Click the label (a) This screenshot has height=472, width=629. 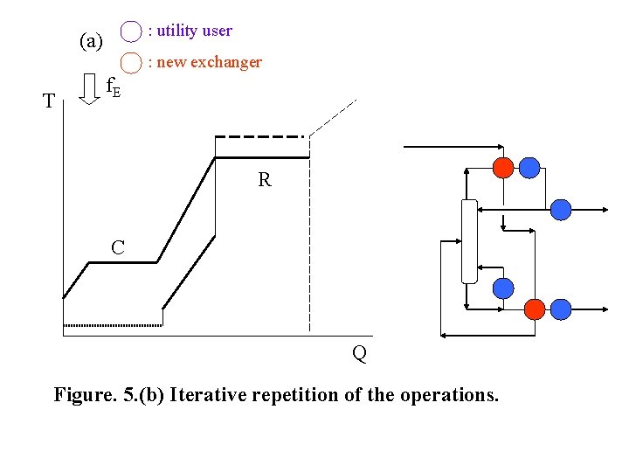click(91, 41)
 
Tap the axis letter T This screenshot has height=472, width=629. click(49, 101)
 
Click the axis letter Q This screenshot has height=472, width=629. click(359, 354)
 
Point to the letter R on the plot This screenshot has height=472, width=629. click(264, 181)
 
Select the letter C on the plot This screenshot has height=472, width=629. click(117, 248)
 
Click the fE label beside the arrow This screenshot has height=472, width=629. click(113, 87)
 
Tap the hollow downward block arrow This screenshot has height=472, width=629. click(89, 88)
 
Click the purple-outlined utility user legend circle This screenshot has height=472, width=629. click(131, 31)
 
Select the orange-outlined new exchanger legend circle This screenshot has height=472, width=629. click(131, 62)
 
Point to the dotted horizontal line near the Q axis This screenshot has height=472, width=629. click(112, 324)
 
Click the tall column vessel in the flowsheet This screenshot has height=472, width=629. click(469, 241)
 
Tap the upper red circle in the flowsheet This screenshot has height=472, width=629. click(503, 167)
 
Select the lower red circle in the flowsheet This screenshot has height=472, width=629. click(534, 309)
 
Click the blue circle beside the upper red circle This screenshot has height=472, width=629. click(529, 167)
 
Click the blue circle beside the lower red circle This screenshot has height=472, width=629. click(561, 309)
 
